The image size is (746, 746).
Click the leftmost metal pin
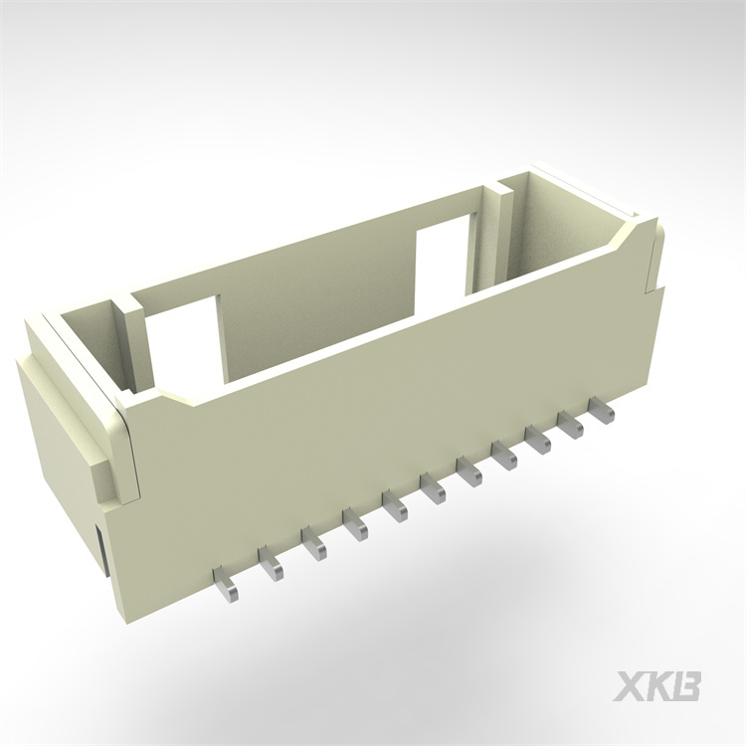227,587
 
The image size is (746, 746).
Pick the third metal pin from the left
314,544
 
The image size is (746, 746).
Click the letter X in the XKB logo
630,685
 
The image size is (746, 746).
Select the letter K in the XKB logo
658,685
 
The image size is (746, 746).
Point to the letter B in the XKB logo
687,685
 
